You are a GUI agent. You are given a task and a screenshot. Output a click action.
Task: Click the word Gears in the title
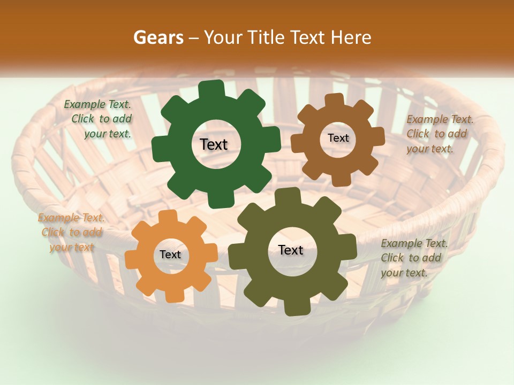tap(158, 37)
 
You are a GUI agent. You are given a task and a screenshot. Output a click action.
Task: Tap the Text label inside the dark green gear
tap(214, 144)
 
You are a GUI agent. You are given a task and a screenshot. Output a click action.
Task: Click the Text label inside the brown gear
tap(338, 138)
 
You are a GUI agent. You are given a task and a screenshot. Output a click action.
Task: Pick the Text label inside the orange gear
tap(170, 255)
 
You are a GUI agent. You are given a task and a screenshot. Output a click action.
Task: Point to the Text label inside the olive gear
tap(291, 250)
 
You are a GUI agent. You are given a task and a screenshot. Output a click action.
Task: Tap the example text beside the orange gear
tap(71, 232)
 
